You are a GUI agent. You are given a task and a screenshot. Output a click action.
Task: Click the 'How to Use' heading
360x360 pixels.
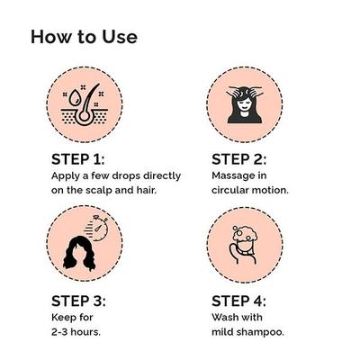tap(84, 37)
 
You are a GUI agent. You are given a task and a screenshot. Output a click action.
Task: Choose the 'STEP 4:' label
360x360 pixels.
tap(240, 301)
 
